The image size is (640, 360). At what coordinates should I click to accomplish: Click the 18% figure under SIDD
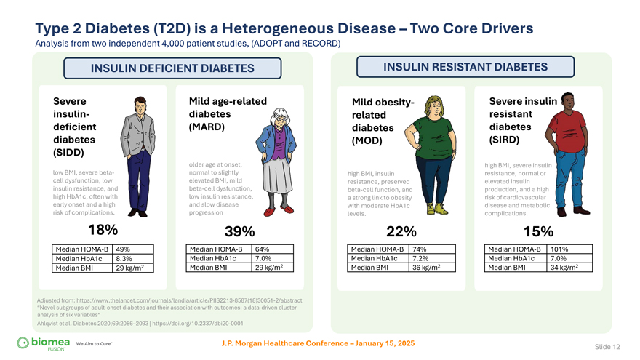tap(103, 230)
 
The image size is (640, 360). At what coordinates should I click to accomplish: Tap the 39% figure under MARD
tap(239, 232)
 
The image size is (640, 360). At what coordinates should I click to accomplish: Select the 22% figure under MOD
tap(401, 232)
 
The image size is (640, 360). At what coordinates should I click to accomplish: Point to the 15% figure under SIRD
tap(538, 231)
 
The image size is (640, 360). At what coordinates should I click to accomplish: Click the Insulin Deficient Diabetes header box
tap(172, 68)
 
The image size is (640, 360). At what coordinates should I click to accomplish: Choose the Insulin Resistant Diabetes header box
tap(465, 66)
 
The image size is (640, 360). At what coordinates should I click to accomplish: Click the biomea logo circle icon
tap(23, 343)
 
